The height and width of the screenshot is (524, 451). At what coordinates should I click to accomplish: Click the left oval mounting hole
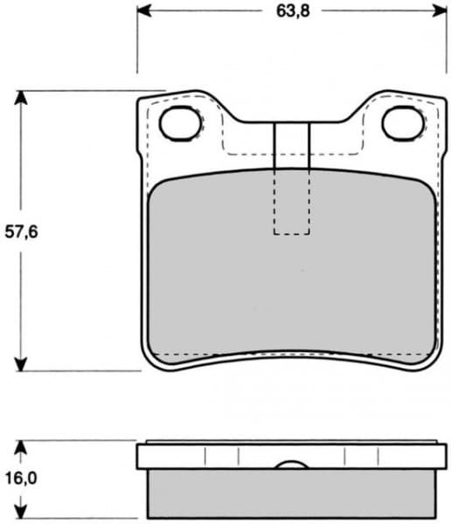coord(180,123)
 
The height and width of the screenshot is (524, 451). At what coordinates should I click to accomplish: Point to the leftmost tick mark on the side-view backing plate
coord(204,457)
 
